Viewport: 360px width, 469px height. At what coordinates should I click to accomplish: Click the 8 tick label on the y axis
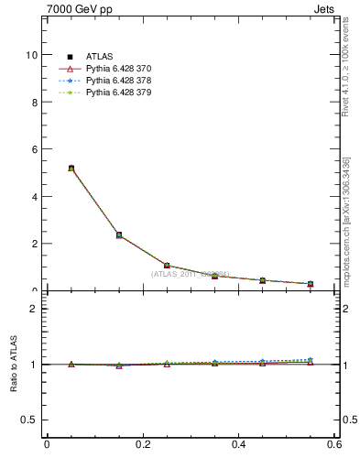(34, 103)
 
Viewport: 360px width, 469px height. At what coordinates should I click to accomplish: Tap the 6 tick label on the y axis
(34, 149)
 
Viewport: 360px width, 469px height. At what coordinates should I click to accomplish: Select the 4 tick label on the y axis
(34, 197)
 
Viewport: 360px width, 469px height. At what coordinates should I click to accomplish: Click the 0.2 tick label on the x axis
(143, 444)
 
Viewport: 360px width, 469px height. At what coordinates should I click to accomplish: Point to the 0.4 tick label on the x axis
(239, 444)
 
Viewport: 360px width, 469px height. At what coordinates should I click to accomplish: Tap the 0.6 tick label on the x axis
(335, 444)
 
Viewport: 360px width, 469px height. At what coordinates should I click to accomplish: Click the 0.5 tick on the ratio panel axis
(30, 420)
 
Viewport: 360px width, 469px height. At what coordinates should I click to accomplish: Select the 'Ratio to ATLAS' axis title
(14, 364)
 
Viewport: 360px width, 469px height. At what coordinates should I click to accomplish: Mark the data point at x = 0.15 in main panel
(119, 235)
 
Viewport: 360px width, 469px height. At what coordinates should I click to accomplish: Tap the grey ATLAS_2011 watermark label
(191, 274)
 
